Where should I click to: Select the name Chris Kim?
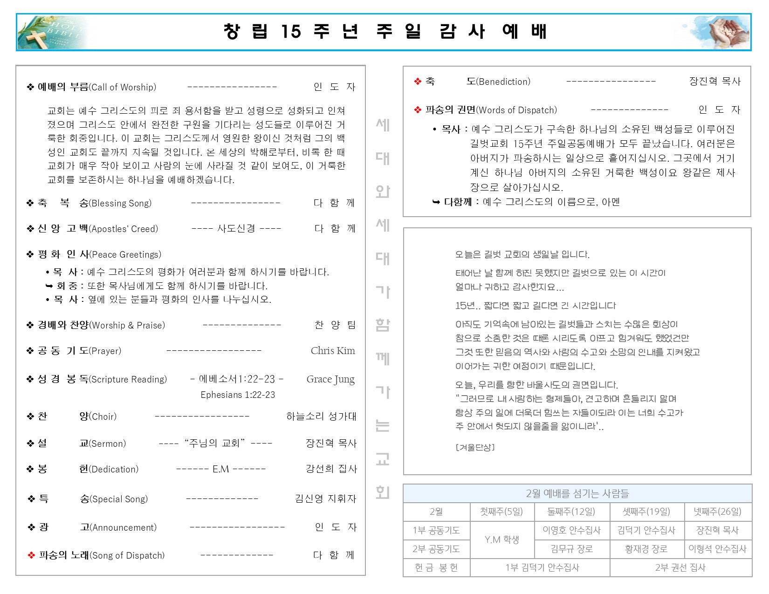[333, 351]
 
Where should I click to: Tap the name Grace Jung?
[330, 379]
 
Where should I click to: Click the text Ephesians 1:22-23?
[238, 395]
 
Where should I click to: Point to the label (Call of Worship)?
[123, 87]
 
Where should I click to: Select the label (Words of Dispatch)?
[516, 110]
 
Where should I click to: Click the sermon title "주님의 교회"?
[215, 443]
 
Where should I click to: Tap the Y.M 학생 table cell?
[502, 539]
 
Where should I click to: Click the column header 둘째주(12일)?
[571, 512]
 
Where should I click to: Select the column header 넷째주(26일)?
[717, 512]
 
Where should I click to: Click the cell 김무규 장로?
[572, 549]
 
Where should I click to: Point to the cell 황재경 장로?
[646, 549]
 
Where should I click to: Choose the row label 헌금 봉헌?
[436, 567]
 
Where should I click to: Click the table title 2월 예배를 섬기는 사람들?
[577, 493]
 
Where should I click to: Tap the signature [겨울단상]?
[475, 447]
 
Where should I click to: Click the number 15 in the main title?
[291, 32]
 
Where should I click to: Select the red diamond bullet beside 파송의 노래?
[32, 555]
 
